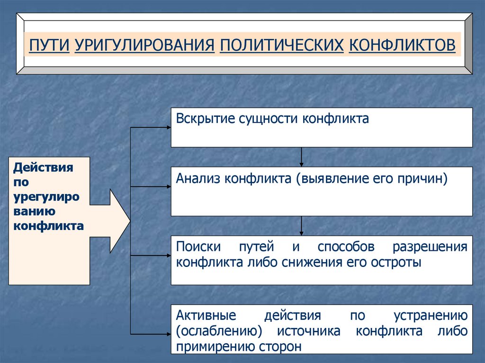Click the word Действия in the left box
tap(44, 168)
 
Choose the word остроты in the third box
tap(396, 262)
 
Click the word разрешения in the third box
tap(430, 247)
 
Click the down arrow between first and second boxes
tap(301, 157)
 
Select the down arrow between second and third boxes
tap(301, 226)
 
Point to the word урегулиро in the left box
tap(46, 197)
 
